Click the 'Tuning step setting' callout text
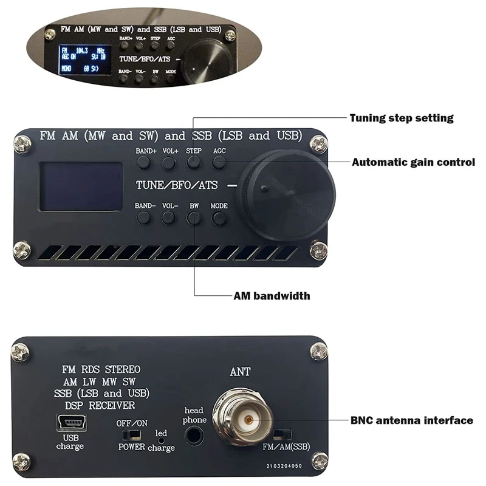click(402, 118)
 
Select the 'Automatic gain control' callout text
click(413, 162)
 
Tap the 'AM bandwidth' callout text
click(272, 296)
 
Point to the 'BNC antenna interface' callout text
click(412, 420)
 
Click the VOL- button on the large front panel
click(169, 218)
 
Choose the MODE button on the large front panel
click(219, 218)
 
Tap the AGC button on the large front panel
click(219, 162)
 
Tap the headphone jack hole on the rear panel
click(195, 436)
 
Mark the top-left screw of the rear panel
click(20, 351)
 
